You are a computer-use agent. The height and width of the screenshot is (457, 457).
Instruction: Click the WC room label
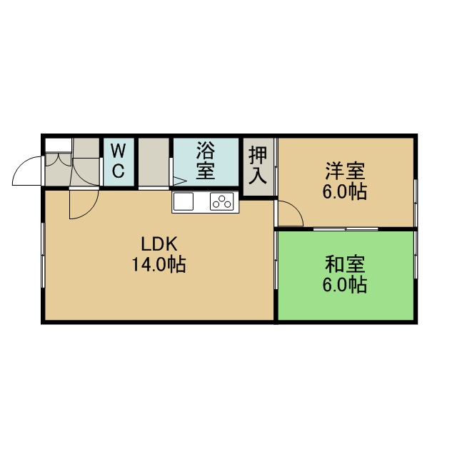click(119, 161)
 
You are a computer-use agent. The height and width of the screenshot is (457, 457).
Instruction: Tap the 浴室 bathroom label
click(206, 161)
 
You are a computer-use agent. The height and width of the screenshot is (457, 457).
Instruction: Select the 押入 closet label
click(258, 165)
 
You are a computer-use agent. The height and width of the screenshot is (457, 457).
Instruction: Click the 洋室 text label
click(346, 171)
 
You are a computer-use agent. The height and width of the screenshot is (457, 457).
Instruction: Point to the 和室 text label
click(345, 264)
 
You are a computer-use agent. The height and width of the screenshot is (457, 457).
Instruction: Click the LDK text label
click(159, 244)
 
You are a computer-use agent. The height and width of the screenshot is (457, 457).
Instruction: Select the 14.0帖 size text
click(159, 264)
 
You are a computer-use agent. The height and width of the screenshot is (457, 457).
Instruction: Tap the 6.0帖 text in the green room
click(344, 285)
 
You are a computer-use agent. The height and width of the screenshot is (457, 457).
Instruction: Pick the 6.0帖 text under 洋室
click(344, 192)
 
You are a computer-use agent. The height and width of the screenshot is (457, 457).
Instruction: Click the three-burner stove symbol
click(222, 201)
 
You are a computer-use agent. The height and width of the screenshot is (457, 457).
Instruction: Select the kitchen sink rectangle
click(184, 201)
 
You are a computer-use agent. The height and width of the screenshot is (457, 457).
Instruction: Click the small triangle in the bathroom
click(180, 181)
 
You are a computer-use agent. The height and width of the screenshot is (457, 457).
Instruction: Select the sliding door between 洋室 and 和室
click(346, 228)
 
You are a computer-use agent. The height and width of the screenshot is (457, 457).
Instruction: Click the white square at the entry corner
click(59, 145)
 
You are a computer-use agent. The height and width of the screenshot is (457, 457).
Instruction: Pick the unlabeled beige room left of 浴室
click(154, 162)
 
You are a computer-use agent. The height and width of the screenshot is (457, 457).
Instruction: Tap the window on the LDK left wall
click(44, 256)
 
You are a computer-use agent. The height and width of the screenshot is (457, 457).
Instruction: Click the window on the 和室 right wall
click(416, 256)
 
